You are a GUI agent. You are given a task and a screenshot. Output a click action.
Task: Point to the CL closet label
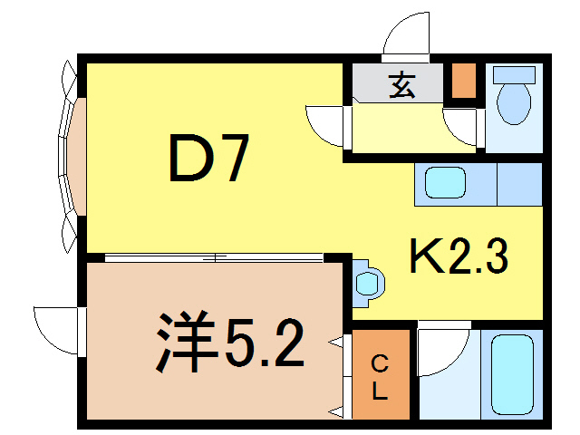[x=381, y=378]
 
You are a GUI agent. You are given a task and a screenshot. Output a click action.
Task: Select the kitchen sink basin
[x=446, y=183]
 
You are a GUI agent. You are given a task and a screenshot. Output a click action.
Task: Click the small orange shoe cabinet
[x=463, y=81]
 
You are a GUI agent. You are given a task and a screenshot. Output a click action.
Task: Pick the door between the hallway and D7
[x=328, y=125]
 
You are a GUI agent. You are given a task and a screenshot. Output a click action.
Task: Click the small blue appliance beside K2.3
[x=369, y=282]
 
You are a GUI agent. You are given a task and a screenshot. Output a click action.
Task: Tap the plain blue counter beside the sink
[x=519, y=183]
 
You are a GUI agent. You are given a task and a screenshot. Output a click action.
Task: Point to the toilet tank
[x=514, y=78]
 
